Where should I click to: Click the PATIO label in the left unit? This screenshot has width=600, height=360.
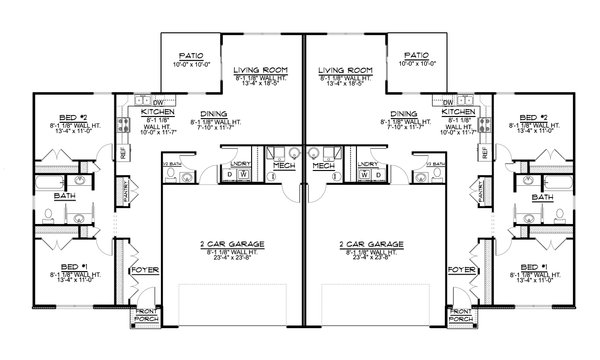pyautogui.click(x=190, y=56)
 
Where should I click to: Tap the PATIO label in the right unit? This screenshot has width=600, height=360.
pyautogui.click(x=413, y=56)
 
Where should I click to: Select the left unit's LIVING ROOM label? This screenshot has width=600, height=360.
pyautogui.click(x=257, y=70)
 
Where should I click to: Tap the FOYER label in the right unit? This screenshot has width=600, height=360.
pyautogui.click(x=461, y=270)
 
